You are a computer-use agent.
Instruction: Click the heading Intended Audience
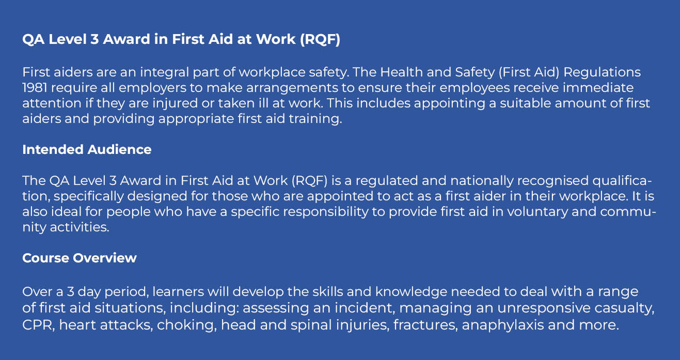click(87, 149)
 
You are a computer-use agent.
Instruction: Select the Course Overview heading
click(80, 258)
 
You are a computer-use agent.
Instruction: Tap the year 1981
click(35, 88)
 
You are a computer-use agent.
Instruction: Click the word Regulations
click(602, 72)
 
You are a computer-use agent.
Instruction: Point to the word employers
click(152, 88)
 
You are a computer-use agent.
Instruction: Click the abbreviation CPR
click(38, 325)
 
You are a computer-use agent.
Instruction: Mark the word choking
click(187, 325)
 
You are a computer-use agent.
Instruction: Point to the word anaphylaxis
click(503, 325)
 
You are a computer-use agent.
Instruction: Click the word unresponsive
click(544, 308)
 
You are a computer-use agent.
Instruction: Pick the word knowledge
click(411, 292)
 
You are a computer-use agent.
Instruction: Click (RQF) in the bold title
click(320, 39)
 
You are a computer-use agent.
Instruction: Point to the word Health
click(401, 72)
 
